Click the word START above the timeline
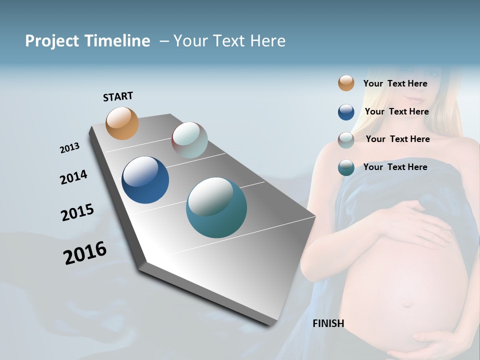point(118,96)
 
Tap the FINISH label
point(328,323)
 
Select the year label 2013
point(69,148)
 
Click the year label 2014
point(73,177)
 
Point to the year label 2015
point(77,212)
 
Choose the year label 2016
point(85,253)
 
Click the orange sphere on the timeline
point(122,123)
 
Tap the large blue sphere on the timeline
point(145,180)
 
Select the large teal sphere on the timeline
point(216,208)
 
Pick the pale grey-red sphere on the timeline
point(189,140)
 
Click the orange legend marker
point(346,83)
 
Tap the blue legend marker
point(346,112)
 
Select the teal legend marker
point(346,167)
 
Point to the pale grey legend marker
point(346,140)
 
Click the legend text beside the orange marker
point(395,83)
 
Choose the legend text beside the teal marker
point(395,167)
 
